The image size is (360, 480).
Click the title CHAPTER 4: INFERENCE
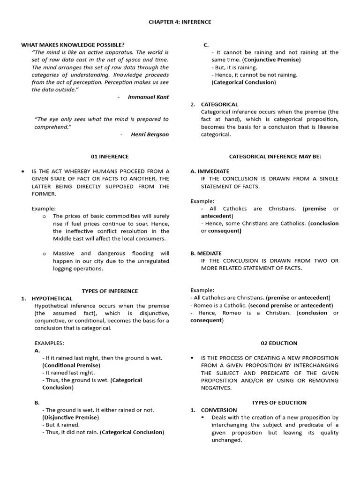click(x=180, y=22)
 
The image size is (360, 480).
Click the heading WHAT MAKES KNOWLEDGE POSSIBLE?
click(x=73, y=45)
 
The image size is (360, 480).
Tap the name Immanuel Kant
click(x=148, y=97)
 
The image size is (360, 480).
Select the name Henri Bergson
click(x=150, y=135)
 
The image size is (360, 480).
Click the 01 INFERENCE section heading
click(x=110, y=157)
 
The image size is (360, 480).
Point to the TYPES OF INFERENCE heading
click(x=110, y=291)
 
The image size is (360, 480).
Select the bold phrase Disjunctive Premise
click(x=70, y=417)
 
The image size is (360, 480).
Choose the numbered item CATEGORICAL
click(x=219, y=105)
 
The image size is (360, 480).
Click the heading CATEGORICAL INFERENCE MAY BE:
click(x=275, y=157)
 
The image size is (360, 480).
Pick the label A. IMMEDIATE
click(x=210, y=172)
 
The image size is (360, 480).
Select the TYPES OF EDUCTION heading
click(x=279, y=403)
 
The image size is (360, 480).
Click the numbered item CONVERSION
click(x=219, y=410)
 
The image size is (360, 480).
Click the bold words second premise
click(x=273, y=306)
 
